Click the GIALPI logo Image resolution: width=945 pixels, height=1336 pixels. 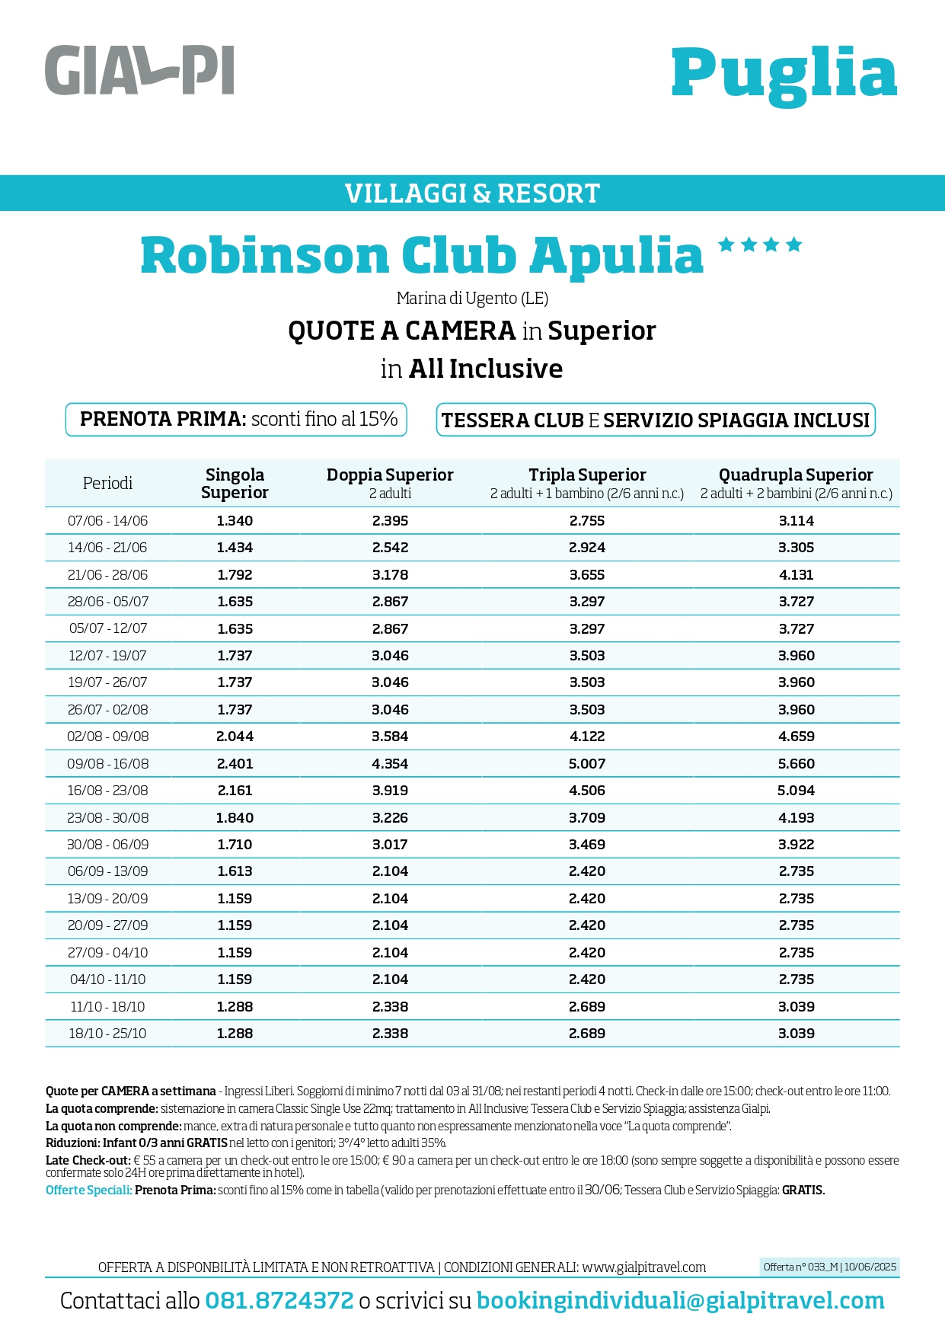coord(139,70)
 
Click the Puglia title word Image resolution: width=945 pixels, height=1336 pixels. coord(784,74)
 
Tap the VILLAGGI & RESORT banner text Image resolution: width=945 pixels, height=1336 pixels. coord(472,193)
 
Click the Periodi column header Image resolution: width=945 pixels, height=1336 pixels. coord(107,483)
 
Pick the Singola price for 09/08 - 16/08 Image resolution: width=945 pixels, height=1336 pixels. coord(235,763)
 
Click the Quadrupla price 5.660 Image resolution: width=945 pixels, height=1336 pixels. coord(797,763)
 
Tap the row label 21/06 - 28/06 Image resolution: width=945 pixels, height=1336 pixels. coord(107,575)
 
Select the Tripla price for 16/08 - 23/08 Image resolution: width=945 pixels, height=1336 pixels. coord(587,791)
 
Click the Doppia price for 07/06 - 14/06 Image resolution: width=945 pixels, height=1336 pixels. coord(390,521)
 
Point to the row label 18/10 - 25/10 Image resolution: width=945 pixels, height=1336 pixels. coord(107,1034)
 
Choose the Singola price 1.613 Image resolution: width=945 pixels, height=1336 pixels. coord(235,871)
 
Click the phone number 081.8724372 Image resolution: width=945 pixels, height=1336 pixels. coord(279,1301)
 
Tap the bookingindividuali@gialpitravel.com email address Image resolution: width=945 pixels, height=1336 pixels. coord(681,1301)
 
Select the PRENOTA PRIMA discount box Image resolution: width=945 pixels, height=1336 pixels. coord(237,420)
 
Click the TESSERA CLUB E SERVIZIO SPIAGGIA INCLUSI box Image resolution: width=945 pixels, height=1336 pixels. coord(656,420)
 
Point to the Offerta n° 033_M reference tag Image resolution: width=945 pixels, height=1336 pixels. coord(830,1267)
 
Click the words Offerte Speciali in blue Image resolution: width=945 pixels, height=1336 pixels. coord(88,1190)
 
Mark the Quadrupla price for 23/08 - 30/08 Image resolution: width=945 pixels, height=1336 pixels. coord(797,817)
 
